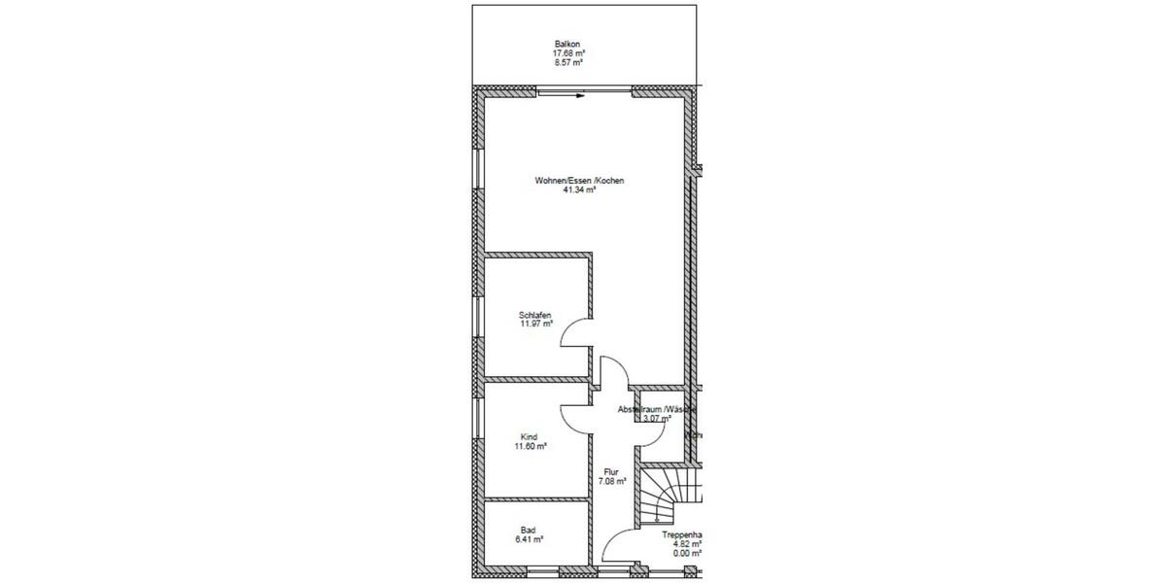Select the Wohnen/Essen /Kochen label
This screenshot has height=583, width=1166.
579,181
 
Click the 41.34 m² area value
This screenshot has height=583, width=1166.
579,190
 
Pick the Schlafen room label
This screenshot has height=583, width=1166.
535,315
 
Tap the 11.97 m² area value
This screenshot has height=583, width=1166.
535,325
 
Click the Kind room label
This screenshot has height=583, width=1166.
529,437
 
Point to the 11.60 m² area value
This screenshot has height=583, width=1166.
531,447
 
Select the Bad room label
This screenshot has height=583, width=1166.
528,530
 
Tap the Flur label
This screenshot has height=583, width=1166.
610,472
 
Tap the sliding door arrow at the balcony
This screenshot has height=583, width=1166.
577,95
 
